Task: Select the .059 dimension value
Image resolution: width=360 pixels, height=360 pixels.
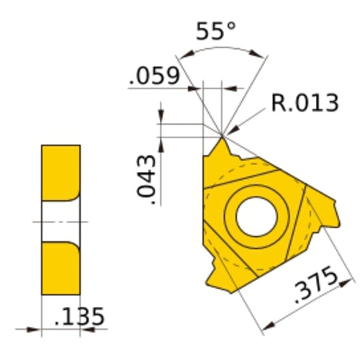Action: tap(154, 76)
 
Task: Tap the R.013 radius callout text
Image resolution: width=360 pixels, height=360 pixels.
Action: tap(305, 104)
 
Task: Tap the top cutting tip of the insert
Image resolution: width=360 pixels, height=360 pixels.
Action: tap(221, 135)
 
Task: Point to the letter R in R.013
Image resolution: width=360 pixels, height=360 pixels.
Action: tap(279, 104)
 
